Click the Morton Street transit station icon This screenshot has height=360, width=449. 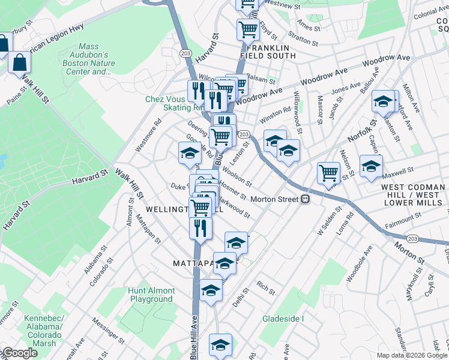click(x=306, y=199)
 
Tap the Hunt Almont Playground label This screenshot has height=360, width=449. click(x=151, y=295)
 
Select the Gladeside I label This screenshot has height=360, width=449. click(x=283, y=319)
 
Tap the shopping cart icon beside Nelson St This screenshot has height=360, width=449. click(x=329, y=173)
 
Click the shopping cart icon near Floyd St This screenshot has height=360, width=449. click(x=248, y=28)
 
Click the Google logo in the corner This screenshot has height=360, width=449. click(x=19, y=353)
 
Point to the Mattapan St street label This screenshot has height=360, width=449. click(x=149, y=230)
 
